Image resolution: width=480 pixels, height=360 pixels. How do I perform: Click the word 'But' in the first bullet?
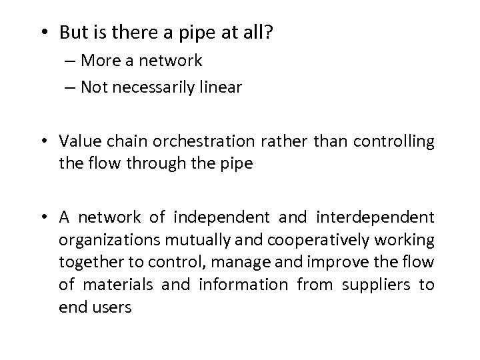click(x=70, y=32)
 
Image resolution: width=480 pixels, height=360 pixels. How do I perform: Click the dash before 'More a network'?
click(x=71, y=61)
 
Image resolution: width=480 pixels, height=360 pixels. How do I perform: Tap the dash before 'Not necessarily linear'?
click(x=71, y=88)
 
